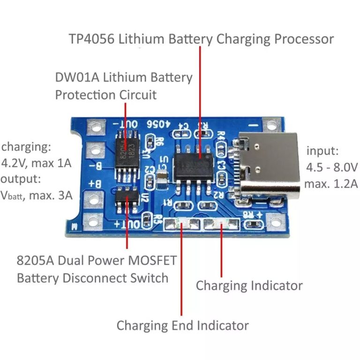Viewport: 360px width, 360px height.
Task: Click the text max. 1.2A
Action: [330, 183]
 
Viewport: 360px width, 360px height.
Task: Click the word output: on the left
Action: [22, 179]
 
